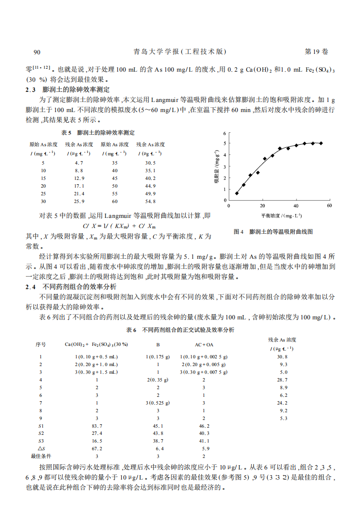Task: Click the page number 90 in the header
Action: click(37, 52)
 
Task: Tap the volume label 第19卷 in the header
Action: click(317, 52)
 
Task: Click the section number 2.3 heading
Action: click(30, 90)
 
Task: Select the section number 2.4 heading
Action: click(30, 287)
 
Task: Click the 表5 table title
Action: click(98, 133)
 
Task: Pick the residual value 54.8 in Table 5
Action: click(151, 201)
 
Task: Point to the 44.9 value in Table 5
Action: click(151, 186)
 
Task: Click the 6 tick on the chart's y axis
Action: click(224, 133)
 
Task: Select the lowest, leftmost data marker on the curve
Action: click(237, 193)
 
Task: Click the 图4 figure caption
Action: click(273, 232)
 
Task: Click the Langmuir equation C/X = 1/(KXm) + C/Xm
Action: click(119, 226)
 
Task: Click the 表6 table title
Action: click(180, 330)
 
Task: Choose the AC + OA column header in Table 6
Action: click(204, 345)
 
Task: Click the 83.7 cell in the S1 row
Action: click(97, 426)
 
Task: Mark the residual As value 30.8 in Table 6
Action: click(283, 357)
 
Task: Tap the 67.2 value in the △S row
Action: click(97, 448)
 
